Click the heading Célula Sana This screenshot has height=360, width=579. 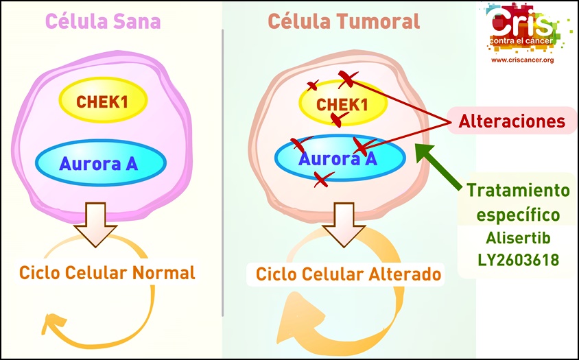103,21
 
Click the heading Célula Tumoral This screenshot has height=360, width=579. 344,21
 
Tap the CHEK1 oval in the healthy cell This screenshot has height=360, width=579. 104,100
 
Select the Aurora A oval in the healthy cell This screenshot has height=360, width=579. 101,163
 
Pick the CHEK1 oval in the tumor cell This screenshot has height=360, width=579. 343,104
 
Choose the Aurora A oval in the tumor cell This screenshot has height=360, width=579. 340,158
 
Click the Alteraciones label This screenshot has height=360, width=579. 512,121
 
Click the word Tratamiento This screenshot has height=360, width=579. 519,191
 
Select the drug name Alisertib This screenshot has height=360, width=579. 518,238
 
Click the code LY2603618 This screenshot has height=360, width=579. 518,260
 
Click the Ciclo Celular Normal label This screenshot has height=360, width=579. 107,273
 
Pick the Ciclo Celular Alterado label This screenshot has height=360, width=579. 348,274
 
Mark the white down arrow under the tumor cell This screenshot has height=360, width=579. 344,224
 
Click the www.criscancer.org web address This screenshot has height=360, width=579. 522,60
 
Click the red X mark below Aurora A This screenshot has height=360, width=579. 322,179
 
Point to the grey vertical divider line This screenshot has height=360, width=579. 223,173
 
